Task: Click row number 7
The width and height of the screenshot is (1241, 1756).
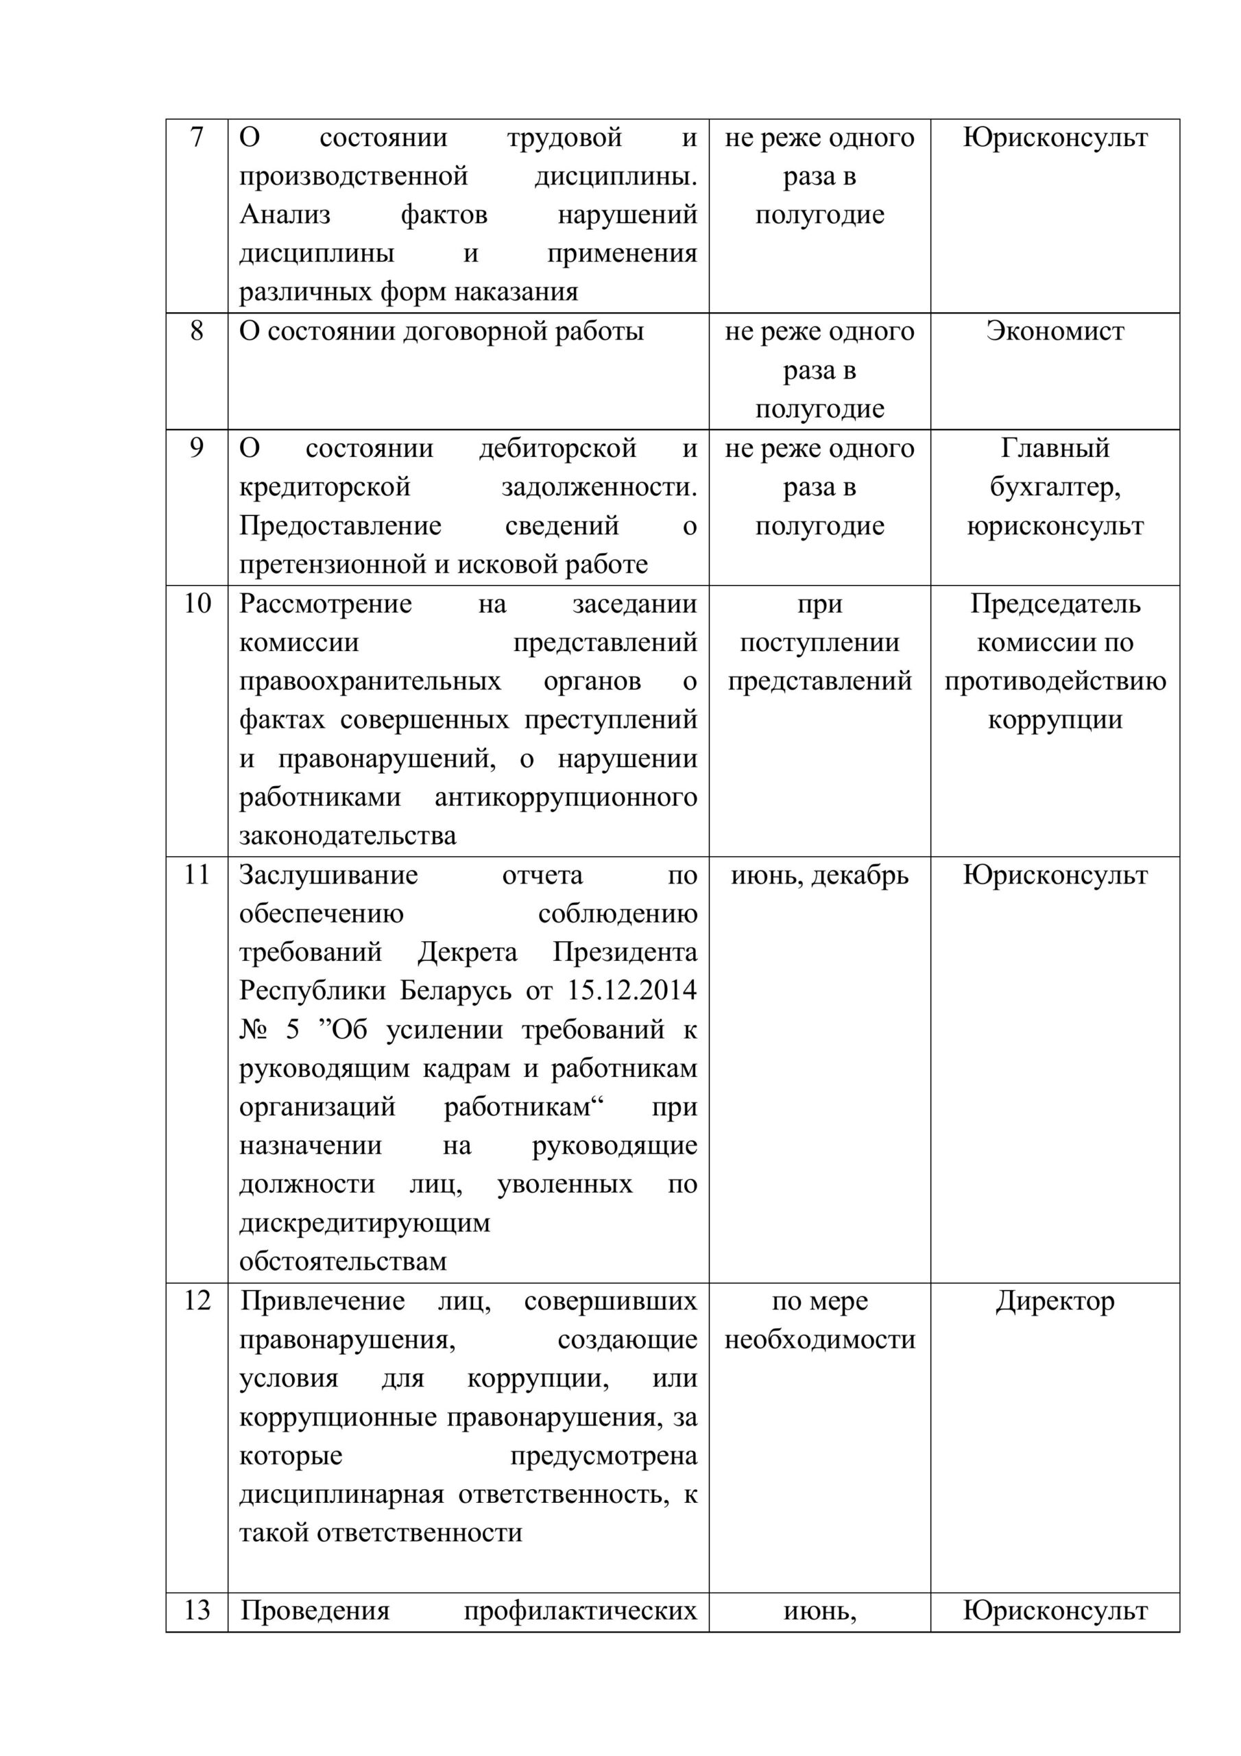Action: click(197, 139)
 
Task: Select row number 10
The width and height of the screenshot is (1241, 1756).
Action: click(197, 604)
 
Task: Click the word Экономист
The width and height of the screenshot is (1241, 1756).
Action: click(1055, 332)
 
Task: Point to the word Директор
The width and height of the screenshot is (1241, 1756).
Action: click(1055, 1301)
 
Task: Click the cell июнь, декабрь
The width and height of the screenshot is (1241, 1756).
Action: click(820, 875)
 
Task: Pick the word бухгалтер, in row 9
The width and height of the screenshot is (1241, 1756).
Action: click(1055, 488)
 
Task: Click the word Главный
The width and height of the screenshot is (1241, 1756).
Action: click(1055, 449)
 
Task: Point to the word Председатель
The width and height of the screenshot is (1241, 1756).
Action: click(1055, 604)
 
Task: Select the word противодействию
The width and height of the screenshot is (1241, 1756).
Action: click(1055, 681)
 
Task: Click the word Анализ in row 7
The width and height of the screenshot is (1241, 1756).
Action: click(285, 215)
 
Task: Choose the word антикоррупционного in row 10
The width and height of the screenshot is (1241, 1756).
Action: click(566, 798)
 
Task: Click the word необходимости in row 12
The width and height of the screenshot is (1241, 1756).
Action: click(820, 1340)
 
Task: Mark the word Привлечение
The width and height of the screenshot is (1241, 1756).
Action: click(323, 1301)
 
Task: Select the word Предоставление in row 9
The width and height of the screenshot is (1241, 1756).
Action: click(340, 526)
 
